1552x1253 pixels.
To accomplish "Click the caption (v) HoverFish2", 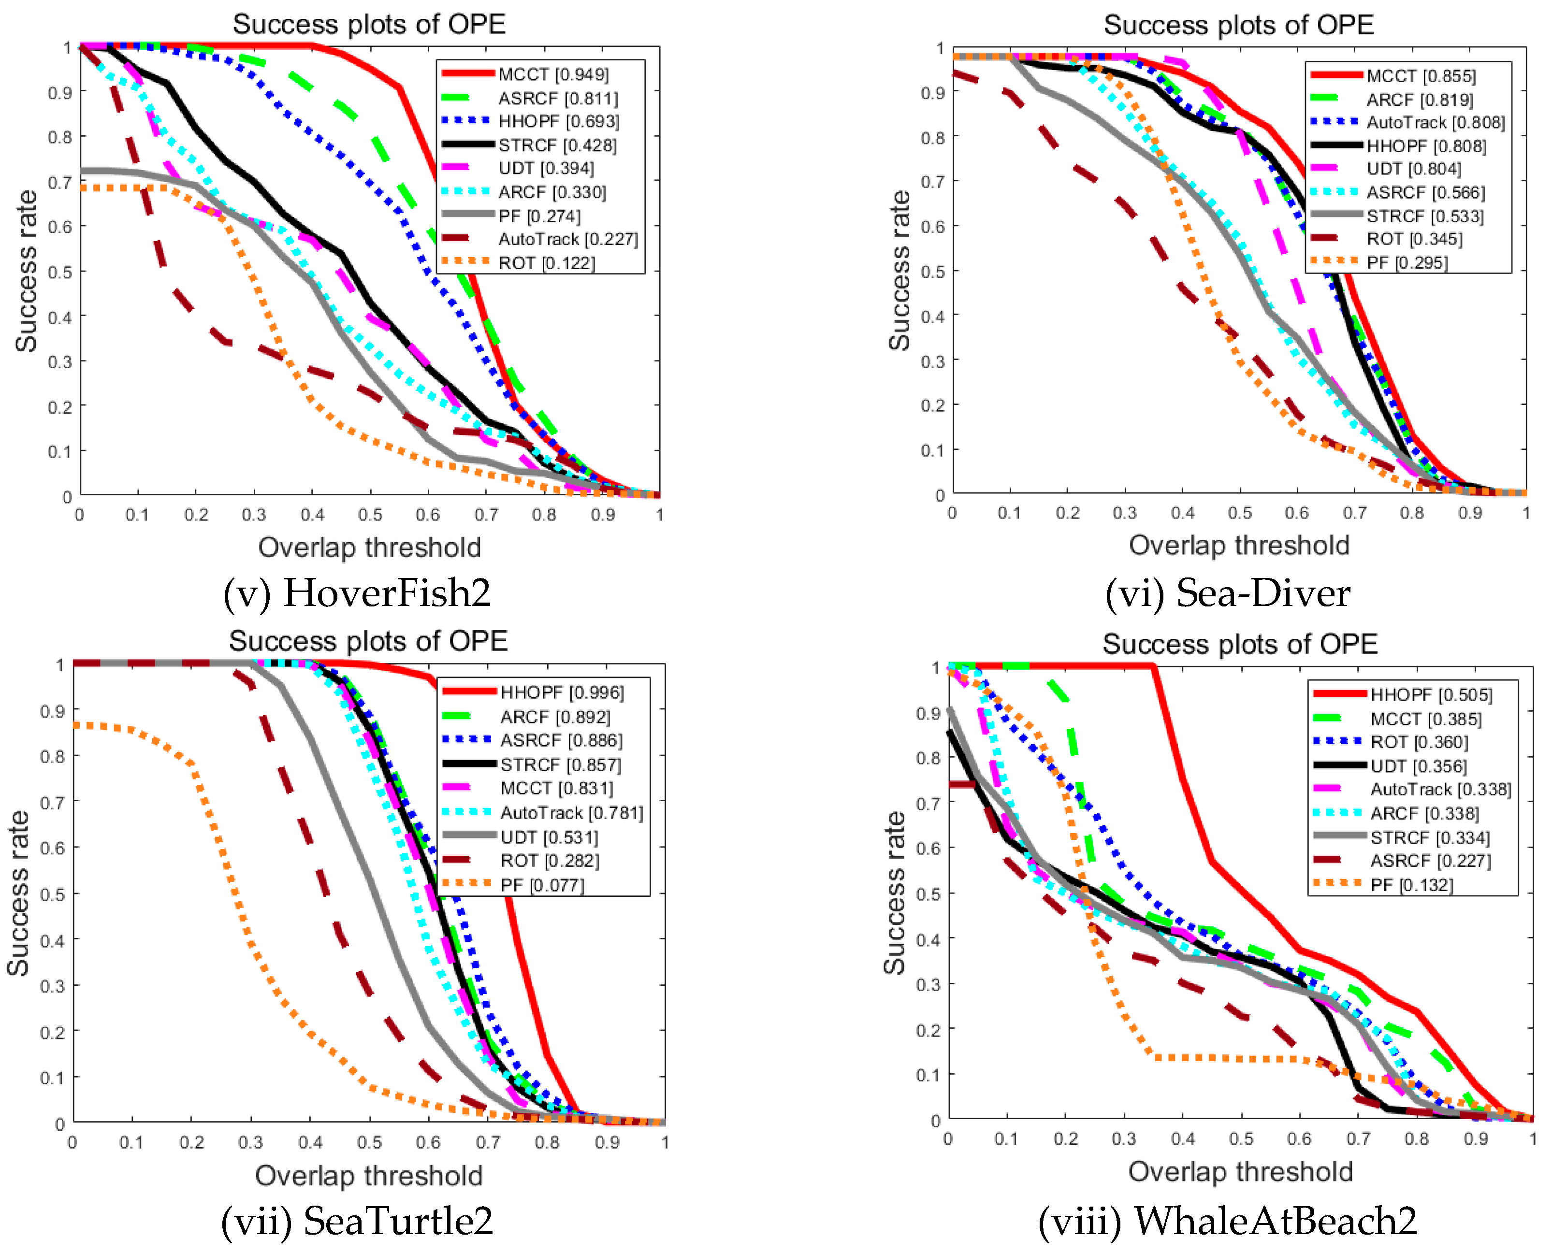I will click(x=357, y=593).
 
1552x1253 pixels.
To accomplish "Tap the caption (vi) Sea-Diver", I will click(x=1227, y=593).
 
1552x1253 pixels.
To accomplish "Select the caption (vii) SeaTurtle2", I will click(x=357, y=1221).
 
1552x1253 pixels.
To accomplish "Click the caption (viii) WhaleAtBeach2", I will click(x=1227, y=1221).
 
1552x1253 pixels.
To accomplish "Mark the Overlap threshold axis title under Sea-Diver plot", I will click(x=1239, y=546).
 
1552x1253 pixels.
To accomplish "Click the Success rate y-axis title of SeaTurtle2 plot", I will click(x=19, y=893).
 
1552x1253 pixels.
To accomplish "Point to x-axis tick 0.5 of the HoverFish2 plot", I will click(x=370, y=515).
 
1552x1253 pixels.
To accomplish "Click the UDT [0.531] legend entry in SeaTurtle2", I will click(x=549, y=837).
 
